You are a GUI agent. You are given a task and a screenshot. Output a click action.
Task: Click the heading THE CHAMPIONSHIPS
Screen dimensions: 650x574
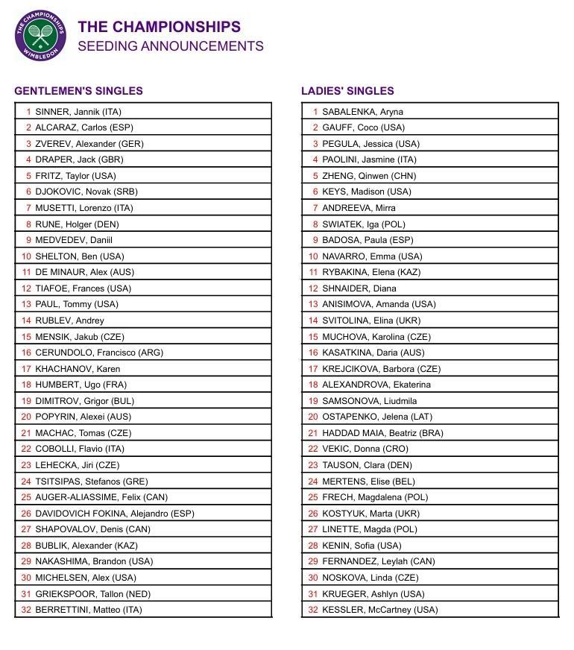159,27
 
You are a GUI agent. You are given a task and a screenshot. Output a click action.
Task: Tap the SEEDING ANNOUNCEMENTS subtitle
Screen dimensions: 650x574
170,46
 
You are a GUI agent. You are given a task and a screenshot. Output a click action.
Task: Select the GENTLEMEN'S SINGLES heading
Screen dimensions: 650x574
78,91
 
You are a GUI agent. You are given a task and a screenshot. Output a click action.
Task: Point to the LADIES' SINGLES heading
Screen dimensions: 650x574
347,91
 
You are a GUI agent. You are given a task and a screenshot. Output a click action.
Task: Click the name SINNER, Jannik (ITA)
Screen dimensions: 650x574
78,112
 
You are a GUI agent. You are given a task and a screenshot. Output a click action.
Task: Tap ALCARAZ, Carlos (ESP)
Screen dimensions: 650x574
84,127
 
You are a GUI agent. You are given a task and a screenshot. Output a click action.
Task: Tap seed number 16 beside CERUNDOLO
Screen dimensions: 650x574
26,353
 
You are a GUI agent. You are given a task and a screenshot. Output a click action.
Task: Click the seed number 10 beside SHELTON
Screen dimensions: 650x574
26,256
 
